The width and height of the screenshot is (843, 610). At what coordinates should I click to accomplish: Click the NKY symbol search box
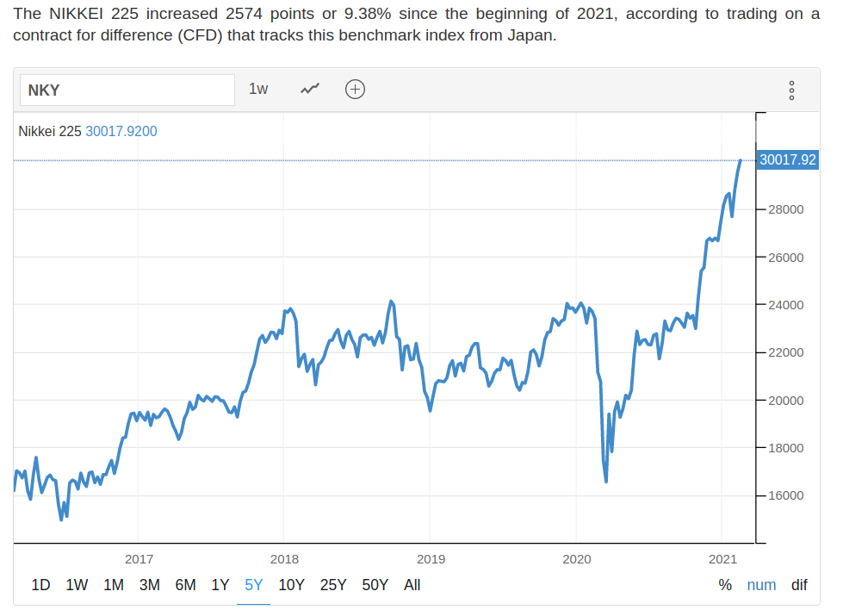[x=127, y=90]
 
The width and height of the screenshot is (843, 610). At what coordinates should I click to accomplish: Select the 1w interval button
[x=258, y=89]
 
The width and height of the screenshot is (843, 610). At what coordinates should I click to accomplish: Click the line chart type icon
[x=310, y=89]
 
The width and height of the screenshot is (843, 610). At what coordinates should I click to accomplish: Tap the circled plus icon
[x=355, y=89]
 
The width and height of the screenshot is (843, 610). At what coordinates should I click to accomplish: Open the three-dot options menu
[x=791, y=90]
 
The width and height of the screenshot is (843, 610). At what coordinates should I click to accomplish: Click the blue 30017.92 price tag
[x=788, y=159]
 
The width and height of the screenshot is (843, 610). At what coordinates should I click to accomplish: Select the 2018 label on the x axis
[x=284, y=558]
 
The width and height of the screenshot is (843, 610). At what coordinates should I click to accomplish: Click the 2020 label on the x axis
[x=576, y=558]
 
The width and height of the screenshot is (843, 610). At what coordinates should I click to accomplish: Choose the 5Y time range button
[x=253, y=585]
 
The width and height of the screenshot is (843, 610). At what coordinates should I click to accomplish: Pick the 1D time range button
[x=40, y=585]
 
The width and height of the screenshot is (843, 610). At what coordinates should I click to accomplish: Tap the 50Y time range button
[x=375, y=585]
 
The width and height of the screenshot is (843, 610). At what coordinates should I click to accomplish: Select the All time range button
[x=412, y=585]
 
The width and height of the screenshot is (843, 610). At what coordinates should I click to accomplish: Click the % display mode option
[x=725, y=585]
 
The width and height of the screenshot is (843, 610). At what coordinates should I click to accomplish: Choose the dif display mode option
[x=799, y=585]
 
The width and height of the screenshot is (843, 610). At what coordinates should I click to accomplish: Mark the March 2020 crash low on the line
[x=606, y=481]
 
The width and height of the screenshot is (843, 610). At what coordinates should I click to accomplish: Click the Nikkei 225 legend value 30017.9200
[x=121, y=131]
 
